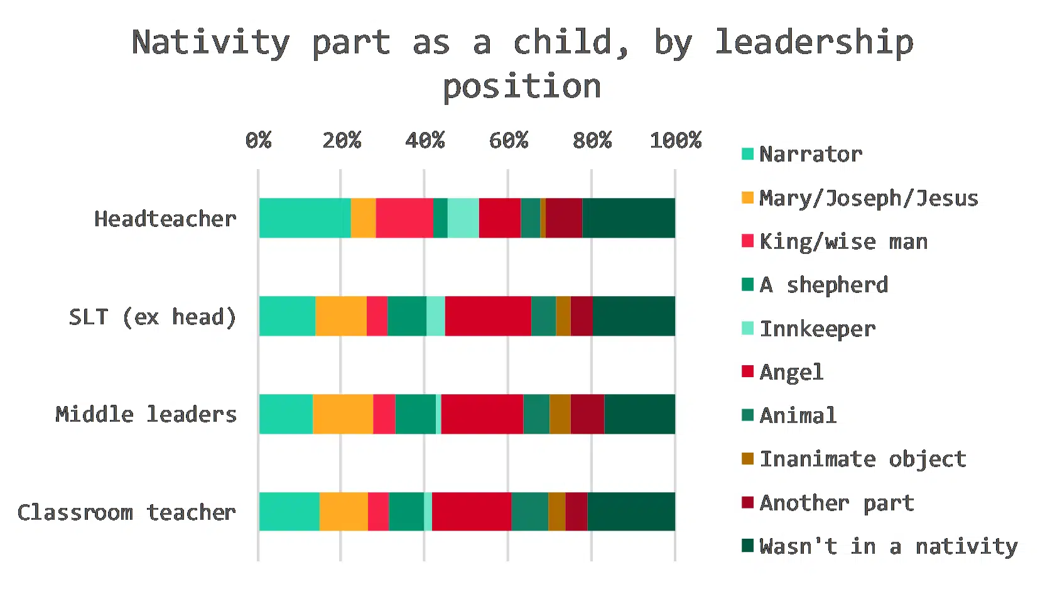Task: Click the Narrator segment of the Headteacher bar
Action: (305, 218)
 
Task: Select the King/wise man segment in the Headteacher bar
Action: (404, 218)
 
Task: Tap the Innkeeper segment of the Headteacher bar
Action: (463, 218)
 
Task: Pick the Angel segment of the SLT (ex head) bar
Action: (488, 316)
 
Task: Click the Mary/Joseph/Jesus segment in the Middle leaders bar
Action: (343, 414)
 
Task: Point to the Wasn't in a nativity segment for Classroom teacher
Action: (631, 512)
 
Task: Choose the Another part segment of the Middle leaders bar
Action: (587, 414)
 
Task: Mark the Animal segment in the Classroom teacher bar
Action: (530, 512)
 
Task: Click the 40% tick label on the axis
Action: (425, 141)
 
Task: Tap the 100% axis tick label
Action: (676, 141)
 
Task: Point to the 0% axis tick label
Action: (259, 141)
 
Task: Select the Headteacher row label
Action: (165, 219)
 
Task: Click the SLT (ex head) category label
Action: (153, 317)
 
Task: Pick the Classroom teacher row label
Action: (126, 512)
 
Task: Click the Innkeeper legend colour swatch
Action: (747, 328)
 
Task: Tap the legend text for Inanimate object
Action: (863, 459)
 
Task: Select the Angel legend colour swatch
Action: (747, 372)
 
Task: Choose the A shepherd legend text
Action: (824, 285)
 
